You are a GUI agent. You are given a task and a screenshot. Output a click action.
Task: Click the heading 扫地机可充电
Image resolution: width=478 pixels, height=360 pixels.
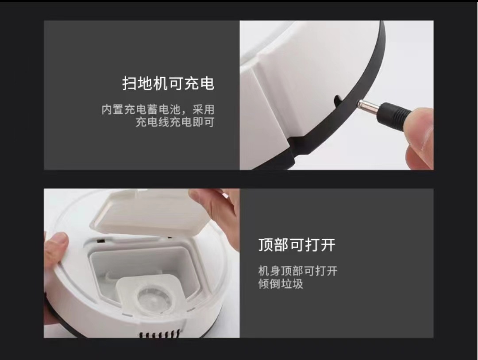coord(168,83)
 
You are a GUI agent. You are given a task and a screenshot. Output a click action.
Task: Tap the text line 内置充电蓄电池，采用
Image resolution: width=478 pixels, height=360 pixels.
coord(158,109)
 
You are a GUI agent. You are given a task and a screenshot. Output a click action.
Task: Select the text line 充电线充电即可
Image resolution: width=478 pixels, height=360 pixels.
coord(175,122)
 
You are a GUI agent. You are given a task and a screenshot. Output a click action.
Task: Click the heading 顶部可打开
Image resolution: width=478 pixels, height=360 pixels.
coord(297,245)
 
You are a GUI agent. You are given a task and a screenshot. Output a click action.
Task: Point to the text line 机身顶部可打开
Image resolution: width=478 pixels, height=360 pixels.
coord(298,271)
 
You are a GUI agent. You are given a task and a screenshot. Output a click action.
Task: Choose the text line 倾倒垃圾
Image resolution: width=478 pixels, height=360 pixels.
coord(281,284)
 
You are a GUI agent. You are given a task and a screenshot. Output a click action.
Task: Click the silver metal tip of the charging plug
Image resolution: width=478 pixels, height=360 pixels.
coord(368,106)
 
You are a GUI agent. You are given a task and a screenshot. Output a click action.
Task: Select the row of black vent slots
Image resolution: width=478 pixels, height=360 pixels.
coord(159,334)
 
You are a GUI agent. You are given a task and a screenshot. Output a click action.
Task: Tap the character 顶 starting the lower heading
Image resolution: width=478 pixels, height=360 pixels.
coord(266,245)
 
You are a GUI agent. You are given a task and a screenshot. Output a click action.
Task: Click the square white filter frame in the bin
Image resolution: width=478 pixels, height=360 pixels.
coord(150,294)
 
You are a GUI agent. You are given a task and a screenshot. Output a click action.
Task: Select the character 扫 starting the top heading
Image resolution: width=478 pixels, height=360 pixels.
coord(130,83)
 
